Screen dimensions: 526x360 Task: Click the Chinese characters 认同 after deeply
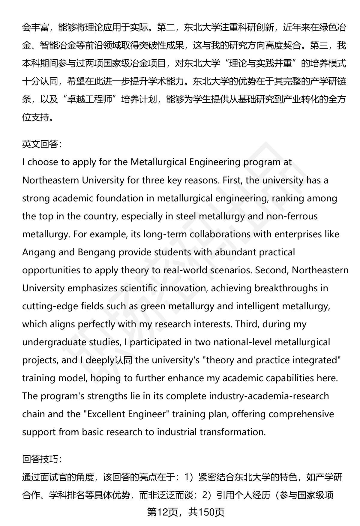coord(123,360)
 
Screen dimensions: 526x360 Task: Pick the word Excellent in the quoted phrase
coord(107,414)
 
